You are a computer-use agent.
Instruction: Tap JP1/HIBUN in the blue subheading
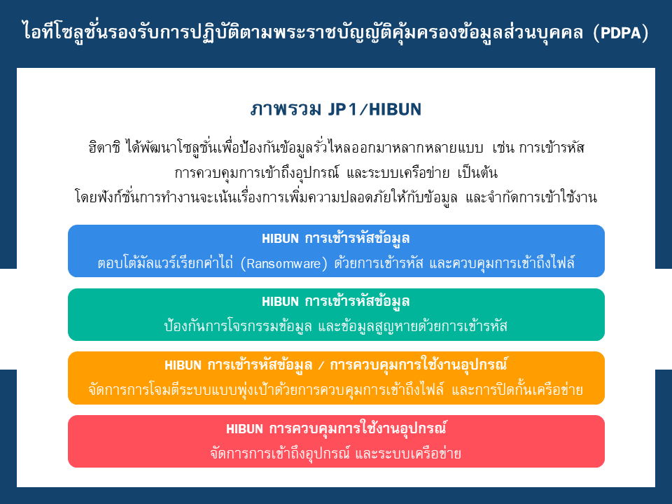tap(374, 110)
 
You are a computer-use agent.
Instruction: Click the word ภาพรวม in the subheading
tap(286, 110)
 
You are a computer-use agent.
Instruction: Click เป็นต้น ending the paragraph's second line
tap(477, 173)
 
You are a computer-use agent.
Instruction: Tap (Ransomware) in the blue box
tap(283, 263)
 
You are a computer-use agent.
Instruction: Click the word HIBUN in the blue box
tap(280, 239)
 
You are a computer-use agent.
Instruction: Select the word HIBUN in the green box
tap(280, 302)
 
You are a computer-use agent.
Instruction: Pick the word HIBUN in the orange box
tap(183, 365)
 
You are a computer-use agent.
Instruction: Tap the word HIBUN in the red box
tap(245, 428)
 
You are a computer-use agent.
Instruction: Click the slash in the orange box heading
tap(321, 365)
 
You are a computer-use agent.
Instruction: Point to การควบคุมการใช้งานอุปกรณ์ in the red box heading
tap(358, 428)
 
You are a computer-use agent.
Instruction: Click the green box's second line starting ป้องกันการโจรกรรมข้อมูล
tap(336, 327)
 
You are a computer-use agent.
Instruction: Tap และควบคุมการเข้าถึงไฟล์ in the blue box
tap(502, 262)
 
